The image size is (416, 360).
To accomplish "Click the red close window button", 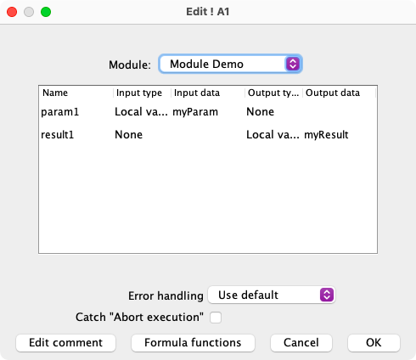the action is click(12, 12).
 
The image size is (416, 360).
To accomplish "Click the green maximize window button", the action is click(46, 12).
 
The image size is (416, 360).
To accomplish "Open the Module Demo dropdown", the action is click(230, 64).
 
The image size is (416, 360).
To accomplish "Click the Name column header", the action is click(55, 93).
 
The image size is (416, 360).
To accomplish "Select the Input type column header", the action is click(139, 93).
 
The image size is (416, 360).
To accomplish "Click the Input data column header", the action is click(197, 93).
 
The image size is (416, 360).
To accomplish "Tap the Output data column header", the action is click(333, 93).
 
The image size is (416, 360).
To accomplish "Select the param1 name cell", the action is click(60, 112).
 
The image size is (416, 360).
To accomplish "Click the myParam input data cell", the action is click(195, 112).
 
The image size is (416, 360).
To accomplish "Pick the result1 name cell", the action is click(58, 135).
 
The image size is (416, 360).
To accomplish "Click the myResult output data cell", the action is click(326, 135).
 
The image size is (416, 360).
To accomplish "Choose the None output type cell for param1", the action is click(261, 112).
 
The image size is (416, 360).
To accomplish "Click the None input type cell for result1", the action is click(128, 135).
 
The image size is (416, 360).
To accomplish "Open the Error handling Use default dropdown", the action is click(272, 295).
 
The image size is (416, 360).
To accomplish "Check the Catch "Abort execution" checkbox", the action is click(216, 318).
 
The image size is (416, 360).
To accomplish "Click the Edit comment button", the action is click(65, 343).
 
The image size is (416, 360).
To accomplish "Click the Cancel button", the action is click(301, 343).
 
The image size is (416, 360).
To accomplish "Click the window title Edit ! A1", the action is click(208, 12).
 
